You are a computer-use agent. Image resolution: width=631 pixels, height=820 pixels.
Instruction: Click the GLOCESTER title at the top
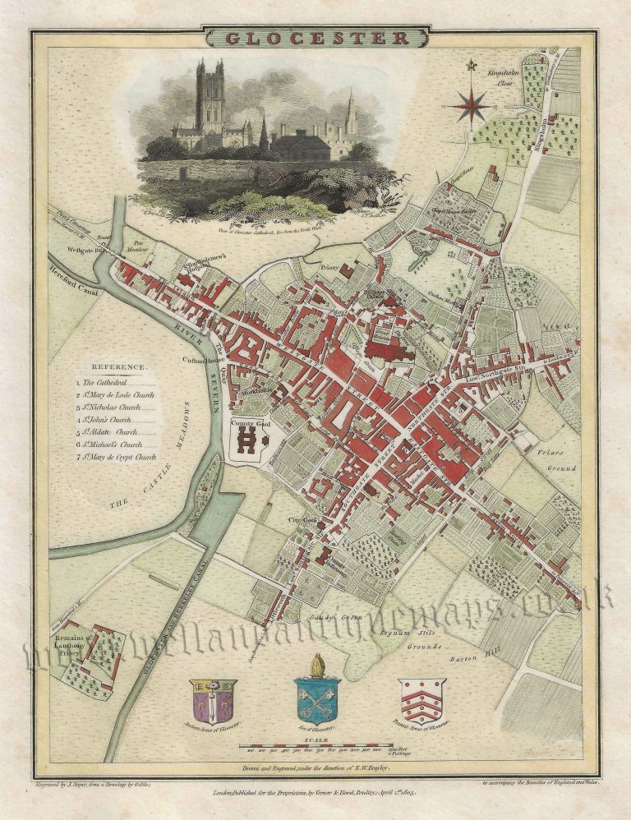316,38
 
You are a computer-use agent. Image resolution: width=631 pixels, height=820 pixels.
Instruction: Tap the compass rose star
472,105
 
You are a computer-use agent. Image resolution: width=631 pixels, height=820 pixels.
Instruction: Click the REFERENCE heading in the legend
119,366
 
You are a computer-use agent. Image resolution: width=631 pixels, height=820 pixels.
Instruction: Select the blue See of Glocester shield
317,698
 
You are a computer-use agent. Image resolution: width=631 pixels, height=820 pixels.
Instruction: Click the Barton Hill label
472,657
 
